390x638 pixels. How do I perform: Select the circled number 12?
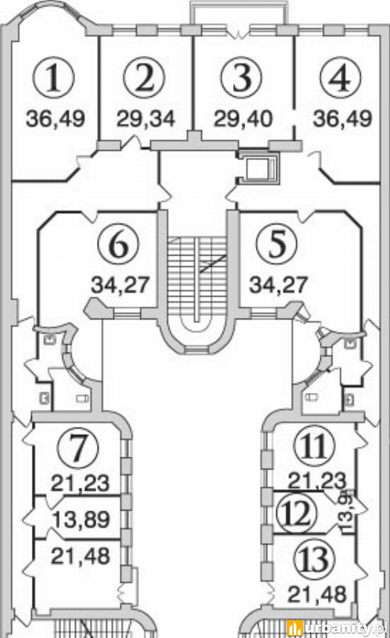tap(297, 513)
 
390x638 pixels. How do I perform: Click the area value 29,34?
tap(146, 120)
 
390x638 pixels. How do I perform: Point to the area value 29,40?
tap(243, 120)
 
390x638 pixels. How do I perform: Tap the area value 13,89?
tap(82, 520)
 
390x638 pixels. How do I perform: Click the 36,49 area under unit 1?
tap(55, 120)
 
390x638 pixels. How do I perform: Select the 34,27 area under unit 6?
tap(120, 285)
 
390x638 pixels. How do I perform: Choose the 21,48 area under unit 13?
tap(317, 595)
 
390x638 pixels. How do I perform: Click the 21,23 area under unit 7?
tap(80, 483)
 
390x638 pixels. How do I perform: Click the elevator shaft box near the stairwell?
tap(258, 168)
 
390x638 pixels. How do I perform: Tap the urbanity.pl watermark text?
tap(338, 628)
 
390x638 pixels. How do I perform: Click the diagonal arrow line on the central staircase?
tap(213, 264)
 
